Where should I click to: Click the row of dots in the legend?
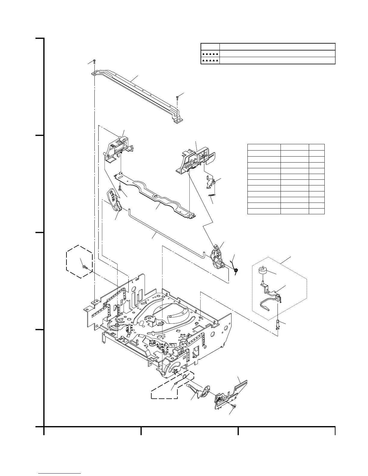tap(210, 53)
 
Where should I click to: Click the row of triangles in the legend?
tap(210, 60)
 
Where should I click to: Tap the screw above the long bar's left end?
tap(94, 61)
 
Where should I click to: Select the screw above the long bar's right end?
tap(178, 97)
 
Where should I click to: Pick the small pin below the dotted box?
tap(278, 325)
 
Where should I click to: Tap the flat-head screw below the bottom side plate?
tap(234, 406)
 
